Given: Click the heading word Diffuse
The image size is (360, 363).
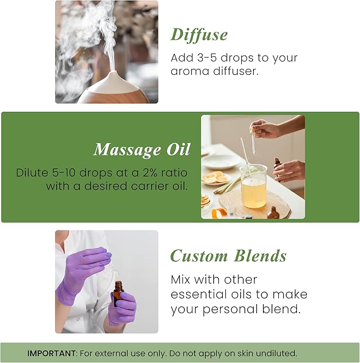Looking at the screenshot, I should point(199,35).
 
